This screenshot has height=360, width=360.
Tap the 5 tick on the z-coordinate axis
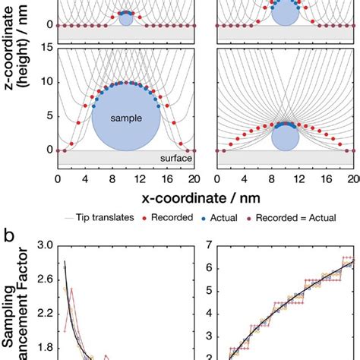pyautogui.click(x=49, y=116)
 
